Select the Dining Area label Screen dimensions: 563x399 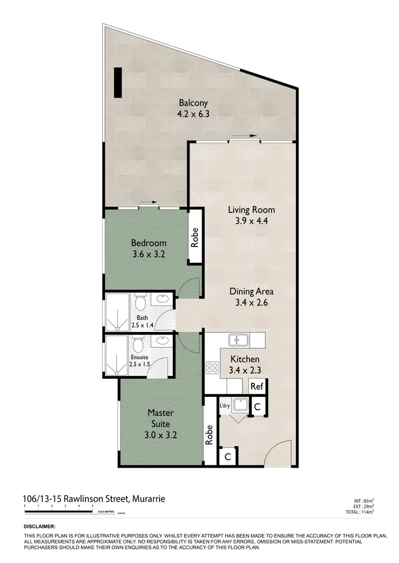(252, 291)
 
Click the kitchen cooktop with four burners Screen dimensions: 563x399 (213, 368)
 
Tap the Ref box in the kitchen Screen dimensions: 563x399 (257, 386)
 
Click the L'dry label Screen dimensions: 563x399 (225, 406)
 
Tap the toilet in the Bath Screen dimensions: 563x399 (140, 303)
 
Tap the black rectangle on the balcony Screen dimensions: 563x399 (118, 83)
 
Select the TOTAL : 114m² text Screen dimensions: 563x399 (361, 511)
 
